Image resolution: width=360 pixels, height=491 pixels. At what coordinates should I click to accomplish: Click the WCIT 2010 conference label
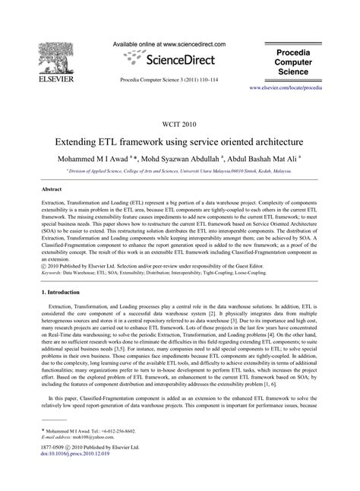[180, 125]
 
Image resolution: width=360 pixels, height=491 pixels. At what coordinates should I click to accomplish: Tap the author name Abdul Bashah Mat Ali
[262, 160]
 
